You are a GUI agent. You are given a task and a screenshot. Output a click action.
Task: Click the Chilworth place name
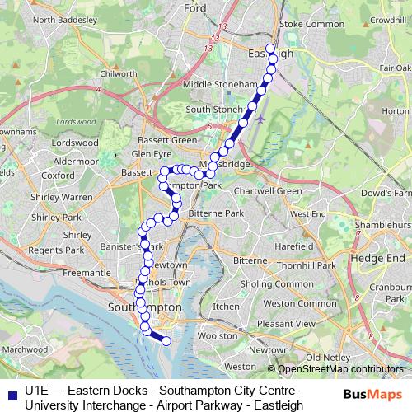pos(117,73)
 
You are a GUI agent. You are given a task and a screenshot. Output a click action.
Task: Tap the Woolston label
pos(218,335)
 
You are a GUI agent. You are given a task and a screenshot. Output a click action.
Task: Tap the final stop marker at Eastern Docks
pos(166,340)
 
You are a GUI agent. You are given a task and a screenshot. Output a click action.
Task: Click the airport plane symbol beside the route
pos(261,117)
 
